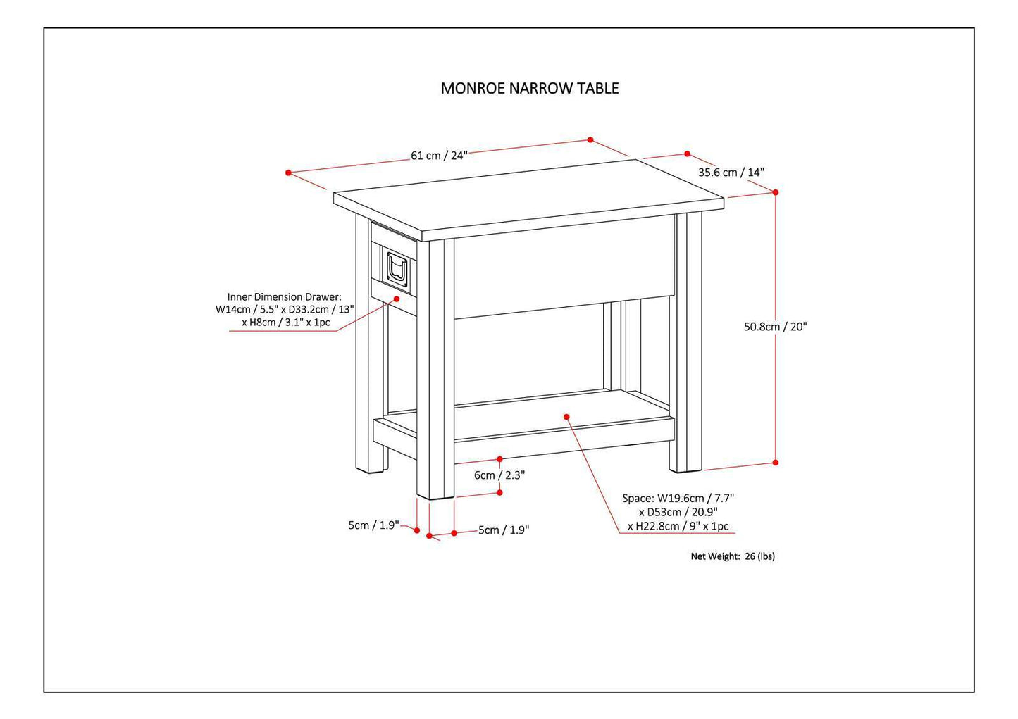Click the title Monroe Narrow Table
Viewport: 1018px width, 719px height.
530,89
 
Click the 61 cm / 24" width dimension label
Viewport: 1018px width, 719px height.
439,156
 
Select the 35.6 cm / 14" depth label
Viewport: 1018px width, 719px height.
731,173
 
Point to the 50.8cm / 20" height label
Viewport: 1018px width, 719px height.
775,327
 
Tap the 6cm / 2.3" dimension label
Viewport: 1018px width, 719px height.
499,475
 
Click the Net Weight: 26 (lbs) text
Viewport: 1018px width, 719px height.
732,556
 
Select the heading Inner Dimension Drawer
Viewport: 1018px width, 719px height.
284,297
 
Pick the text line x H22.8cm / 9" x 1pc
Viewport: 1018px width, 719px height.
678,526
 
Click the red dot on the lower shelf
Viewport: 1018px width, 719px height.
566,416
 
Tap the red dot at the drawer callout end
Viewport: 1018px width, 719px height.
397,298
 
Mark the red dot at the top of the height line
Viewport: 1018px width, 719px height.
776,192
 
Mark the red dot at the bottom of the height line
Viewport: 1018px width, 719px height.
776,463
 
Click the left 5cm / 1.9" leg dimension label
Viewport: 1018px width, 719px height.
373,525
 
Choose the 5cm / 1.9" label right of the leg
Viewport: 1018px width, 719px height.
503,530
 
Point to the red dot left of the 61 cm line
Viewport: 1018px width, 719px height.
288,173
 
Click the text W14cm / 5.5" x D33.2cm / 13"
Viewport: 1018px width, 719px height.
285,310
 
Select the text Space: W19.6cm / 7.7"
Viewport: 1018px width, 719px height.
678,499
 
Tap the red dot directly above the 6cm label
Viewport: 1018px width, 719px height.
499,459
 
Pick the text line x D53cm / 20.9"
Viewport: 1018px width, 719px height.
678,513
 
